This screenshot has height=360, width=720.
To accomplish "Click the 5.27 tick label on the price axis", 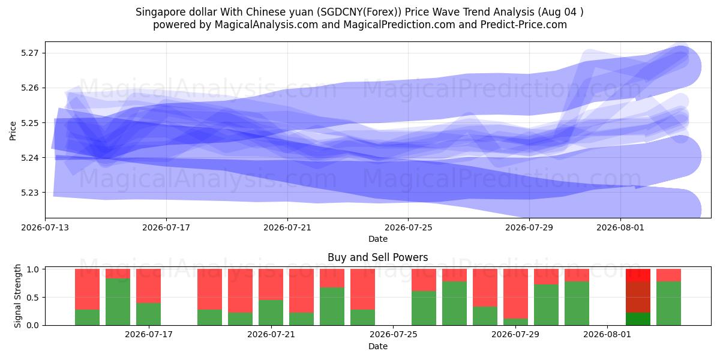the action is (x=29, y=53).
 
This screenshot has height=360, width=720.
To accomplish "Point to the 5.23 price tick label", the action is (x=29, y=193).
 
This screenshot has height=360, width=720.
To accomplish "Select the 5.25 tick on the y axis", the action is (x=29, y=123).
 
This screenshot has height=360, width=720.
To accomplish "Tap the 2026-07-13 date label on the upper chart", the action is (x=45, y=227).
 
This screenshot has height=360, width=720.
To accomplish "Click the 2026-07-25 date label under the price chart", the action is (x=408, y=227).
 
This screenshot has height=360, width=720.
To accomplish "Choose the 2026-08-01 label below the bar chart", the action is (x=607, y=335).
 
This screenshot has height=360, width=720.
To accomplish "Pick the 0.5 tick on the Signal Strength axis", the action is (x=32, y=298).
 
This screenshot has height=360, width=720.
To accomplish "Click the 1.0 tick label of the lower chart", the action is (x=32, y=269).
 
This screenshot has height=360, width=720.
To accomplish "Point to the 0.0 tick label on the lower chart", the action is (x=32, y=325).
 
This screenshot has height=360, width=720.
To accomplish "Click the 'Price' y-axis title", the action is (x=13, y=131).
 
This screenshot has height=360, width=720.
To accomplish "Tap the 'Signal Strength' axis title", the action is (x=17, y=296).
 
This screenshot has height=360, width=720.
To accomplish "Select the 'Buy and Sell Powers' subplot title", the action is (x=377, y=257).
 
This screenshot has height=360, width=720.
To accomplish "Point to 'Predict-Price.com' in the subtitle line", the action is (x=524, y=25).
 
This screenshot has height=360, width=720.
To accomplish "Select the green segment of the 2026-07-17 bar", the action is (x=149, y=314).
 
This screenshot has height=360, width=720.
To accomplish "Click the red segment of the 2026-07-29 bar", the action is (x=515, y=294).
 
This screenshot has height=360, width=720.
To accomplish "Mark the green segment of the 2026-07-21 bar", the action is (x=271, y=313).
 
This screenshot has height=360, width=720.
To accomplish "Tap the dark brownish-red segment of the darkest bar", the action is (x=638, y=297).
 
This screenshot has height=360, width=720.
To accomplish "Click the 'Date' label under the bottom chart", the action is (x=377, y=346).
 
